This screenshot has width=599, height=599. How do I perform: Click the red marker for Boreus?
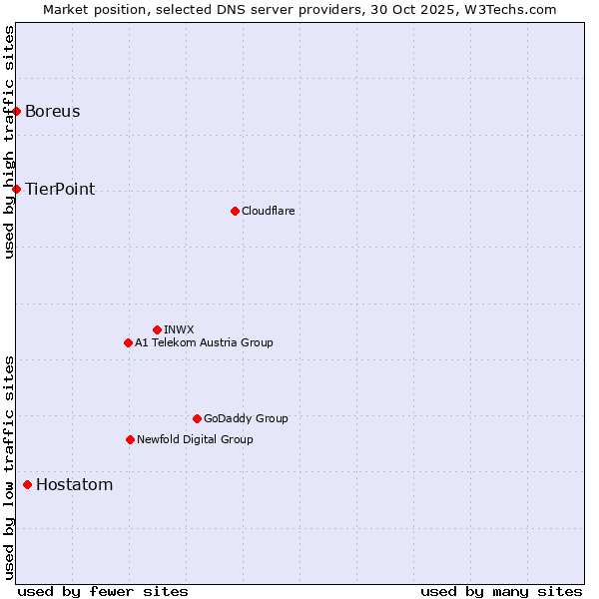(x=17, y=111)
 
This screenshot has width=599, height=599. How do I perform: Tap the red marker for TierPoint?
(x=17, y=189)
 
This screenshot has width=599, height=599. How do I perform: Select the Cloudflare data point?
(x=235, y=211)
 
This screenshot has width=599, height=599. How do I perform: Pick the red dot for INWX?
(x=157, y=329)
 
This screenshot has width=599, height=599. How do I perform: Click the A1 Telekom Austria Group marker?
(x=128, y=342)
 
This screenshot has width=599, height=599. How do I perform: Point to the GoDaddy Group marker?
(x=197, y=418)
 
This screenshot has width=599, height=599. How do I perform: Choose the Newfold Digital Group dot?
(x=130, y=439)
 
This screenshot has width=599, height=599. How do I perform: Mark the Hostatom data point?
(x=27, y=485)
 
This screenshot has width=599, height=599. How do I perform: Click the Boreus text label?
(x=53, y=111)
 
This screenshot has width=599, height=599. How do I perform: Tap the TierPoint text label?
(x=60, y=189)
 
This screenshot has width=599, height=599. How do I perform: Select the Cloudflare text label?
(x=268, y=211)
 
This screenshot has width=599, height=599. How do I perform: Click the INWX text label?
(x=179, y=329)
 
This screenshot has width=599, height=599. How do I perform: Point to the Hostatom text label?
(x=74, y=485)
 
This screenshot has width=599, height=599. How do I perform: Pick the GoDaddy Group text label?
(x=246, y=418)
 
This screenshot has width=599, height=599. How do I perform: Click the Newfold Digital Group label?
(x=195, y=439)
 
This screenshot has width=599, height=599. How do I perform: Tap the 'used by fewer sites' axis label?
(x=103, y=591)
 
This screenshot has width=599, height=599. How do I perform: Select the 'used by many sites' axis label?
(x=501, y=591)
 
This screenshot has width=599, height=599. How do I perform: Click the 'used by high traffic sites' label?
(x=9, y=142)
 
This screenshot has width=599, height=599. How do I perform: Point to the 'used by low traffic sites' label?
(x=9, y=466)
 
